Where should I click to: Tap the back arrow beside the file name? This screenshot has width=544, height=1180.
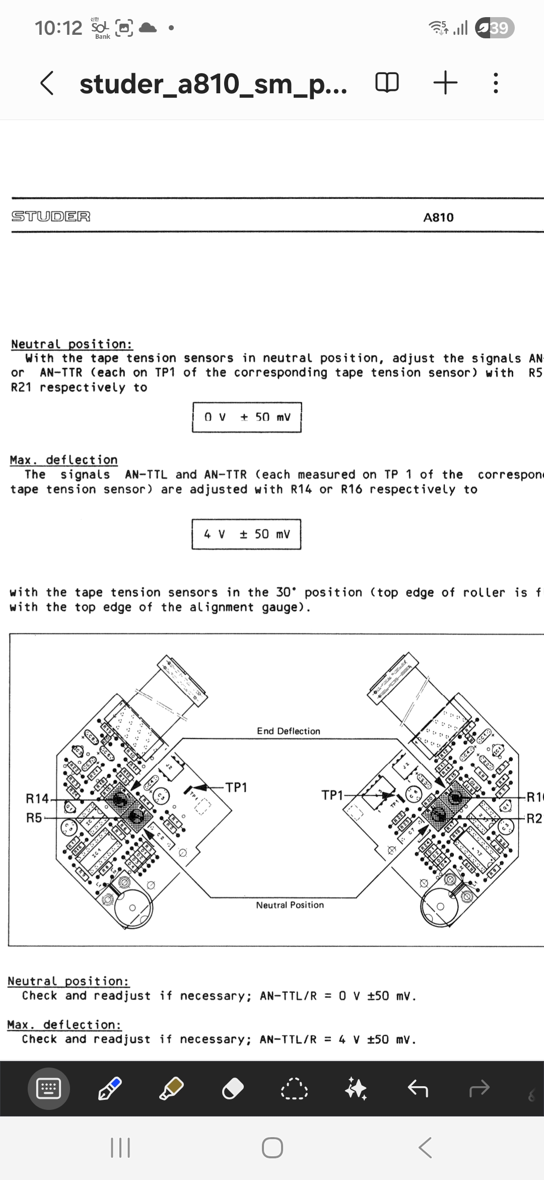tap(47, 83)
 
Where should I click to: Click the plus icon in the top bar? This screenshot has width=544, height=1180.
tap(445, 83)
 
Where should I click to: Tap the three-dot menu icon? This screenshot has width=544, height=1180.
tap(496, 83)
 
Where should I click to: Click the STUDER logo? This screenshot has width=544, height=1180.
tap(51, 216)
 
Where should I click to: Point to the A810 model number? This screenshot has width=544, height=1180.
tap(438, 217)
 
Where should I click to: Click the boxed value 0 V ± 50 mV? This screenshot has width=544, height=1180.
tap(247, 417)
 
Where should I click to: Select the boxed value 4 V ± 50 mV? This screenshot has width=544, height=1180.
tap(246, 534)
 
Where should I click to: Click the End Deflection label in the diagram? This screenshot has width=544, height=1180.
tap(288, 731)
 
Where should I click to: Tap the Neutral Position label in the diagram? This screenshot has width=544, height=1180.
tap(290, 905)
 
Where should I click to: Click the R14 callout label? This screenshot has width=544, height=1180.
tap(37, 798)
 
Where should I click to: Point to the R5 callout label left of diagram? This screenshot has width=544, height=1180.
tap(34, 817)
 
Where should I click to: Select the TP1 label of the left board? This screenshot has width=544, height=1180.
tap(236, 787)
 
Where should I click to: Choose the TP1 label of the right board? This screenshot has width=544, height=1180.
tap(332, 795)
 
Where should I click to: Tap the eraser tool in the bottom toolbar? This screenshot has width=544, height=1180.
tap(233, 1089)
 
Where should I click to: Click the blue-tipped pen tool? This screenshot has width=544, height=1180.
tap(110, 1089)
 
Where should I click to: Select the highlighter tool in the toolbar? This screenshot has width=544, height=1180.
tap(171, 1089)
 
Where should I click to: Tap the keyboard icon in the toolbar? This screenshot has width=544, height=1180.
tap(49, 1089)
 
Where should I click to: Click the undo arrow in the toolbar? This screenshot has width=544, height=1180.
tap(418, 1089)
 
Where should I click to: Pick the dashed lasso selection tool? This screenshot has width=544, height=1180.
tap(295, 1089)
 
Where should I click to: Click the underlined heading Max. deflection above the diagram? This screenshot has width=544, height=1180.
tap(64, 460)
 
